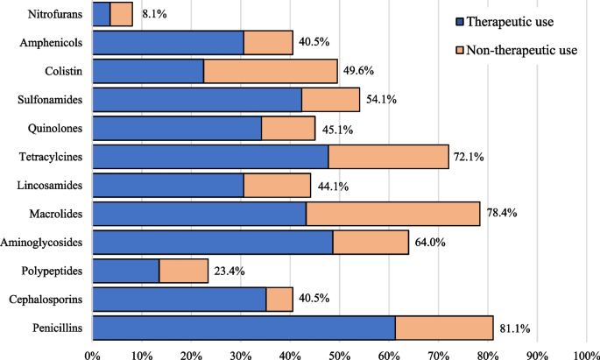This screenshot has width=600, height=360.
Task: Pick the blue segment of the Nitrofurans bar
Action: click(x=101, y=14)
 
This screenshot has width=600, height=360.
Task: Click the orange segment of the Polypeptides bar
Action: click(x=184, y=271)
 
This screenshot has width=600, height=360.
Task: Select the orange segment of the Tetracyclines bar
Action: click(x=389, y=157)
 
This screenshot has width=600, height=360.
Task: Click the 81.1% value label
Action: click(x=517, y=328)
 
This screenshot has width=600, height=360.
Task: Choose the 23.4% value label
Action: click(x=231, y=272)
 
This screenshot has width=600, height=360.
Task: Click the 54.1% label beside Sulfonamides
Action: click(x=383, y=100)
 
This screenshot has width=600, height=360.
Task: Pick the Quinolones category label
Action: click(x=54, y=128)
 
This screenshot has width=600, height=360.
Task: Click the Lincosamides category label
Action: click(x=50, y=185)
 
